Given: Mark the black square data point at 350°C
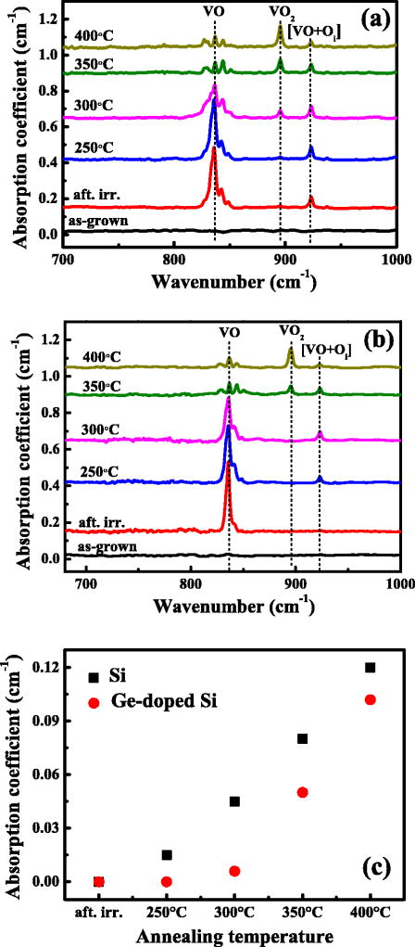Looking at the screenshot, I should pyautogui.click(x=303, y=738).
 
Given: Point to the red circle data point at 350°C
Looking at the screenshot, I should pyautogui.click(x=303, y=792).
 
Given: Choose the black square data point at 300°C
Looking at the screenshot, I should pyautogui.click(x=234, y=801).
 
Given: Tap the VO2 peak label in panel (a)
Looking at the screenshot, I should pyautogui.click(x=280, y=13).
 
